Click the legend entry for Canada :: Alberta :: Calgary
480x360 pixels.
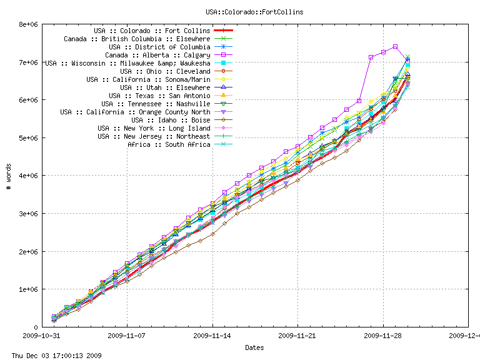coord(157,55)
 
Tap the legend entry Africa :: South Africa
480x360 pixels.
coord(169,144)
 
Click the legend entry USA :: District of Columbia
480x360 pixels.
coord(159,47)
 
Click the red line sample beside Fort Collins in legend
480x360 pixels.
coord(223,31)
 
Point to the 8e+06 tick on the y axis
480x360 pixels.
coord(29,25)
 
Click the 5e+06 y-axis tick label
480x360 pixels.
coord(29,138)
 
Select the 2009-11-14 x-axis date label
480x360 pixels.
coord(212,336)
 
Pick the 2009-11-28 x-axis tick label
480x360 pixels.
coord(383,336)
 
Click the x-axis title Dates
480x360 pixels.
coord(254,347)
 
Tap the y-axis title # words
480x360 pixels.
coord(8,176)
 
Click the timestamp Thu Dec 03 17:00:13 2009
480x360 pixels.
coord(52,356)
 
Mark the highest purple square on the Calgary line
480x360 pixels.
coord(396,46)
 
